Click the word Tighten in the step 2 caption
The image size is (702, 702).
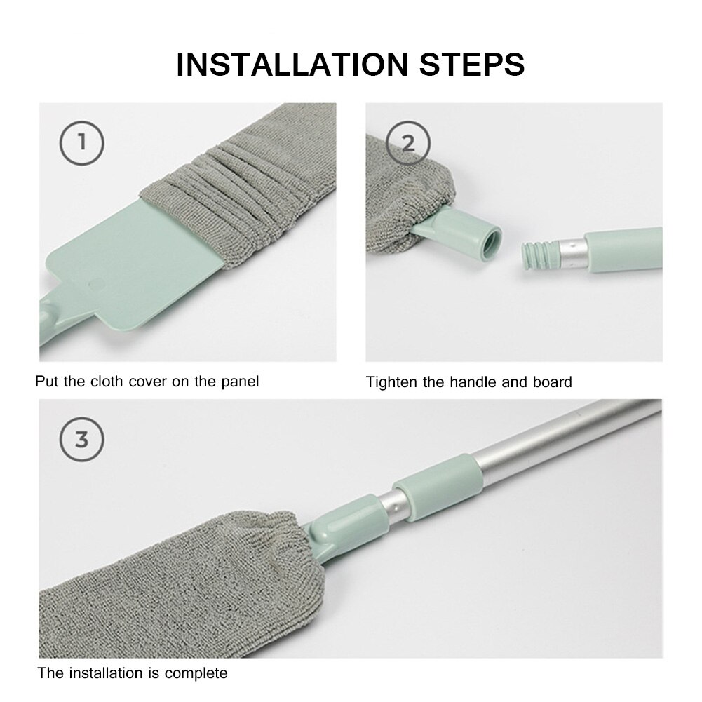(x=390, y=382)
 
